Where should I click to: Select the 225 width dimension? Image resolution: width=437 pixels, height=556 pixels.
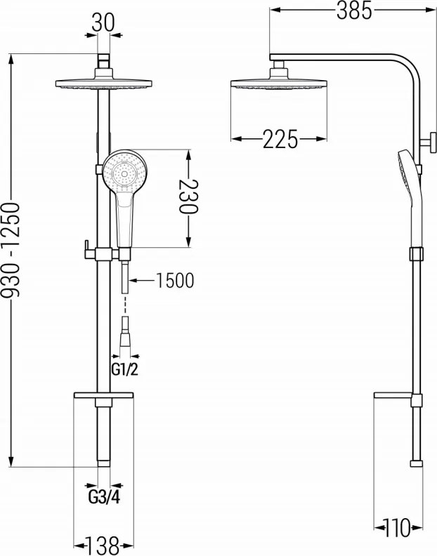[x=280, y=139]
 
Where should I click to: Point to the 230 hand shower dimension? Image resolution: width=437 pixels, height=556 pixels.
[x=189, y=197]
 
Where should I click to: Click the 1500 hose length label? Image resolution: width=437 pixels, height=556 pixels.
[x=175, y=281]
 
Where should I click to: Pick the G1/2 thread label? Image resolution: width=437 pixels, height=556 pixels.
[x=124, y=370]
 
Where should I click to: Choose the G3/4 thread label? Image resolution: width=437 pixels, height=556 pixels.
[x=104, y=498]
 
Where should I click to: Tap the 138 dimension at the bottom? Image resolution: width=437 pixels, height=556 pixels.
[x=103, y=545]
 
